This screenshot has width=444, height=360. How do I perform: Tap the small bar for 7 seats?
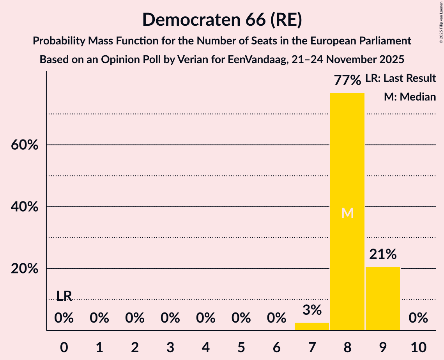point(312,326)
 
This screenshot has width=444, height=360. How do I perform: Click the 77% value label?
point(347,81)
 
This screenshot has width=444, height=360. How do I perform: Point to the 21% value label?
point(383,254)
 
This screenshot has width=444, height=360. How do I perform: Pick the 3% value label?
point(312,310)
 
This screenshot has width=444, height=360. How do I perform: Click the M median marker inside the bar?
point(347,213)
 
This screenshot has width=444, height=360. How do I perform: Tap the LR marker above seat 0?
point(64,296)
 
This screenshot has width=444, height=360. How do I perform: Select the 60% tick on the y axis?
point(24,145)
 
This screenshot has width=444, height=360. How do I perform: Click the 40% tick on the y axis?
point(24,207)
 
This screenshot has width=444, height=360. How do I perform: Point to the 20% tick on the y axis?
point(24,269)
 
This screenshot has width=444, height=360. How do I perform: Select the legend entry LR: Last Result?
point(400,78)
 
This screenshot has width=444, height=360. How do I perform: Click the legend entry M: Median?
point(410,97)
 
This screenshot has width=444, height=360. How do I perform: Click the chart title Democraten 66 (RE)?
point(222,19)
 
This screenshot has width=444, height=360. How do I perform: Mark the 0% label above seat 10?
point(418,318)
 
